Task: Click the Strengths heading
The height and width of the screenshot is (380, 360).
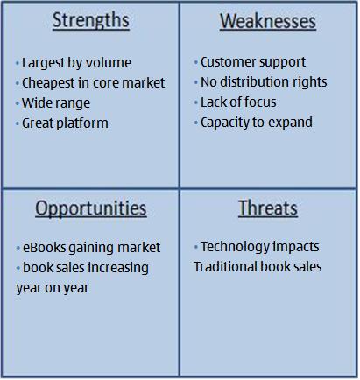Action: tap(91, 21)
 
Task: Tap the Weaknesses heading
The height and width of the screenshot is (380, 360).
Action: tap(268, 21)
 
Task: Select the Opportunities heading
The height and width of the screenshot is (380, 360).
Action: tap(91, 209)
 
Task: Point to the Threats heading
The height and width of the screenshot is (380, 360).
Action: tap(268, 208)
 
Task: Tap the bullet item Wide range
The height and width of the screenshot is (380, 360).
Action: tap(56, 103)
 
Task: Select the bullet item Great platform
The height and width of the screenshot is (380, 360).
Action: tap(65, 123)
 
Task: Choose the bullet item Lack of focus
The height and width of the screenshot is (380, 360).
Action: tap(238, 102)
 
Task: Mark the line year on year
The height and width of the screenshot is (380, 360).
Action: tap(53, 288)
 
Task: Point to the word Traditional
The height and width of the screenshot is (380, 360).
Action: tap(225, 267)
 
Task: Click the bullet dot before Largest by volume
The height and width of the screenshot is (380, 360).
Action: tap(18, 63)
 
